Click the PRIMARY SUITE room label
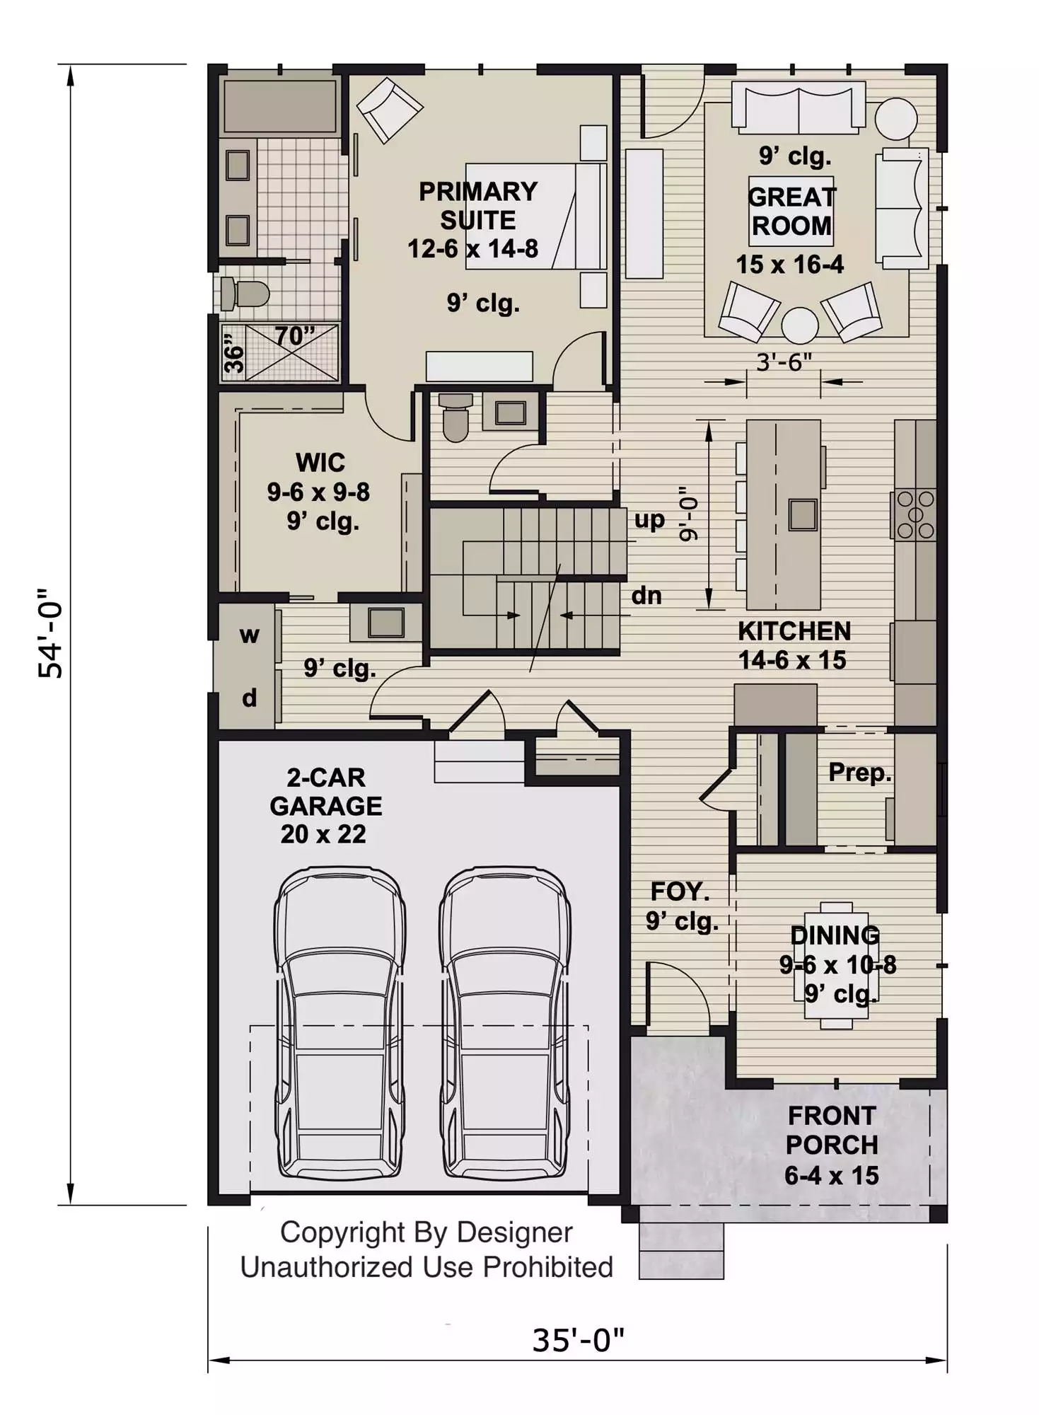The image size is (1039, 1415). click(x=478, y=206)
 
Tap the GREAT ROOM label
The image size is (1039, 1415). click(x=791, y=211)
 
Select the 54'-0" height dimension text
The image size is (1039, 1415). click(x=51, y=633)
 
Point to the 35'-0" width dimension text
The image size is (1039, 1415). click(x=578, y=1340)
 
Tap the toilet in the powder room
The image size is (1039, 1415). click(x=455, y=417)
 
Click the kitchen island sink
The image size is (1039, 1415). click(x=803, y=514)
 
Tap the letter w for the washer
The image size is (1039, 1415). click(x=249, y=635)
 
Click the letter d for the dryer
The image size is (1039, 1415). click(x=249, y=698)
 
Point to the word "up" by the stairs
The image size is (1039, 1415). click(x=649, y=520)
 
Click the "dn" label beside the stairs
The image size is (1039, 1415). click(x=646, y=595)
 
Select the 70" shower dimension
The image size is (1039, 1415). click(x=294, y=335)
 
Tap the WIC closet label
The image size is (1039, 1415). click(x=320, y=462)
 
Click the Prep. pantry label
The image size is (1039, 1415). click(x=859, y=772)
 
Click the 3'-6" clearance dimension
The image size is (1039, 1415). click(x=784, y=362)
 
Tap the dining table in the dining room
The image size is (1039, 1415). click(x=837, y=965)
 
